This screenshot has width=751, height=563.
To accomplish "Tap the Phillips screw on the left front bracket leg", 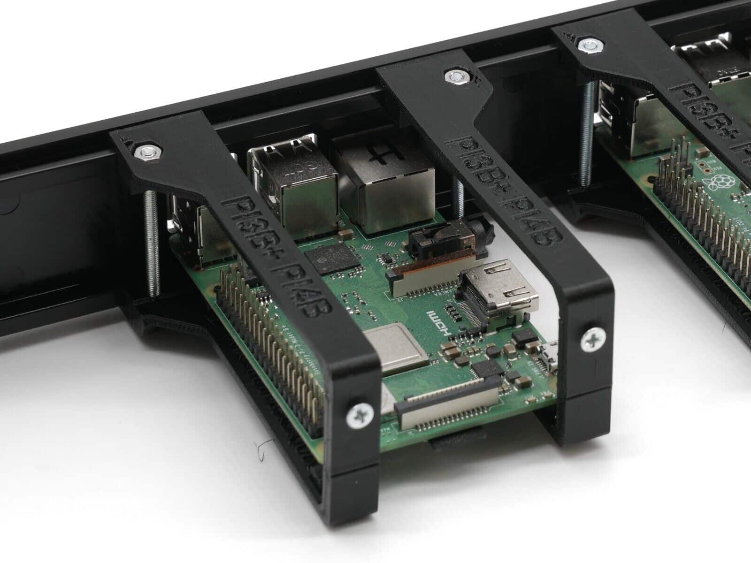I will [360, 415].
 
